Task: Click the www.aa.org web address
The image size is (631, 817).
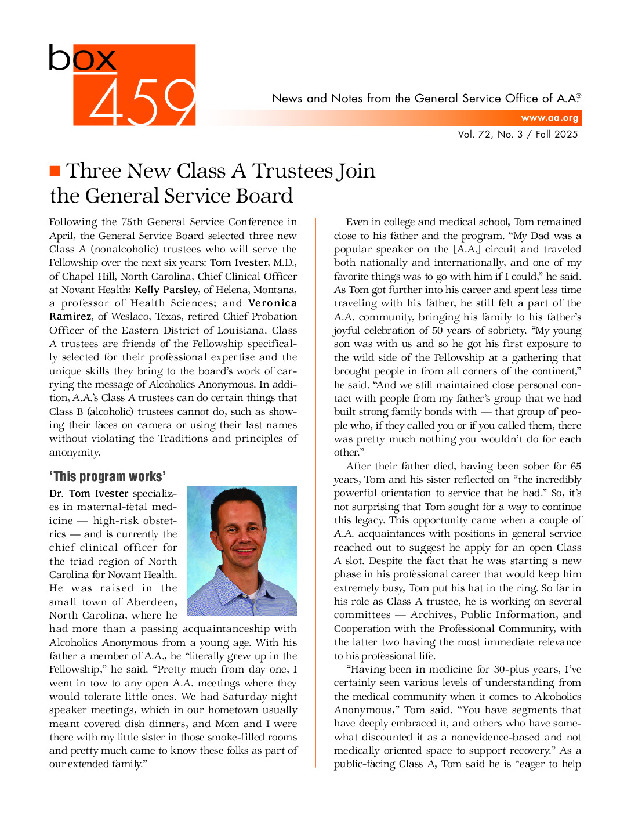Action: point(549,118)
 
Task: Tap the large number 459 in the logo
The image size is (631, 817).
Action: point(143,103)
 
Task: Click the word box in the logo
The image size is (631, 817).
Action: point(82,59)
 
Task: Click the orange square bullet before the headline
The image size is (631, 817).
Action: point(55,171)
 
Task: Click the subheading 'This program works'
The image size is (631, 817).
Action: point(107,476)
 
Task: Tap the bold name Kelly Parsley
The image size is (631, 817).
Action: point(166,290)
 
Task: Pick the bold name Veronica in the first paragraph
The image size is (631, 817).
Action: point(273,303)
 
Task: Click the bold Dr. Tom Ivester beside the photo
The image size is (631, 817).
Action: point(89,493)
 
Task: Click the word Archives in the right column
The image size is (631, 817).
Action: point(432,614)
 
